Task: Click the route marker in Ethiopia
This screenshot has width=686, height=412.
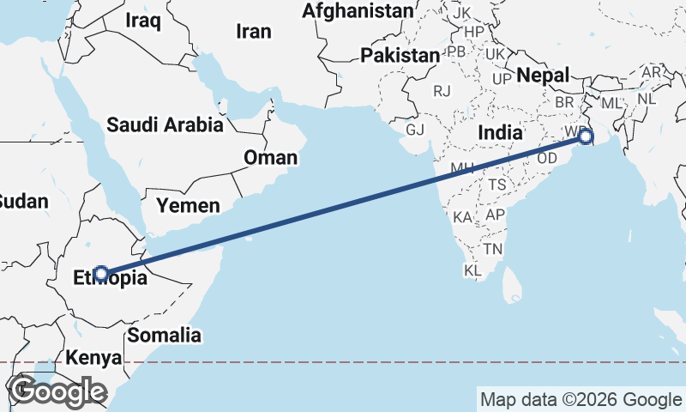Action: (x=101, y=274)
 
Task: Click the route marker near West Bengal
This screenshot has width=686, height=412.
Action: (x=586, y=136)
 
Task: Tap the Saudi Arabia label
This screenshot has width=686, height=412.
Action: (x=165, y=125)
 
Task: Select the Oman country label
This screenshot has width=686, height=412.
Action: (x=271, y=157)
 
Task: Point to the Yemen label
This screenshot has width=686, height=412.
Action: (x=188, y=205)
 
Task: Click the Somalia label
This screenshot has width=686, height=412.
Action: (x=164, y=335)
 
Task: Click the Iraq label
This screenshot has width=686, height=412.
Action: (x=142, y=20)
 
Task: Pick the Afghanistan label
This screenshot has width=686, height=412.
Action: (x=358, y=11)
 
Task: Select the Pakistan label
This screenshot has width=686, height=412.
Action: (x=399, y=56)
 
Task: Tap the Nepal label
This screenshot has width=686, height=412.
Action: (x=543, y=76)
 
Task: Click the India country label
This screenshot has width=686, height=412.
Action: (x=500, y=132)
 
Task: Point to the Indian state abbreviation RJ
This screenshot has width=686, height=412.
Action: (x=442, y=90)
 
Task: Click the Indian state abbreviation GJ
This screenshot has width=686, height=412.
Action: (x=415, y=130)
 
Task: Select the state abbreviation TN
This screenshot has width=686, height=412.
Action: (x=492, y=249)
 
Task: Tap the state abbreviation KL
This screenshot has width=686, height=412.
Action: (x=472, y=270)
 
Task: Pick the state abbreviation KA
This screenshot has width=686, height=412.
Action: (x=464, y=217)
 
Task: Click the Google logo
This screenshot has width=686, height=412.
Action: (x=58, y=391)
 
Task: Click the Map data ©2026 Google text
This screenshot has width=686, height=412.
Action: (x=580, y=399)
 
